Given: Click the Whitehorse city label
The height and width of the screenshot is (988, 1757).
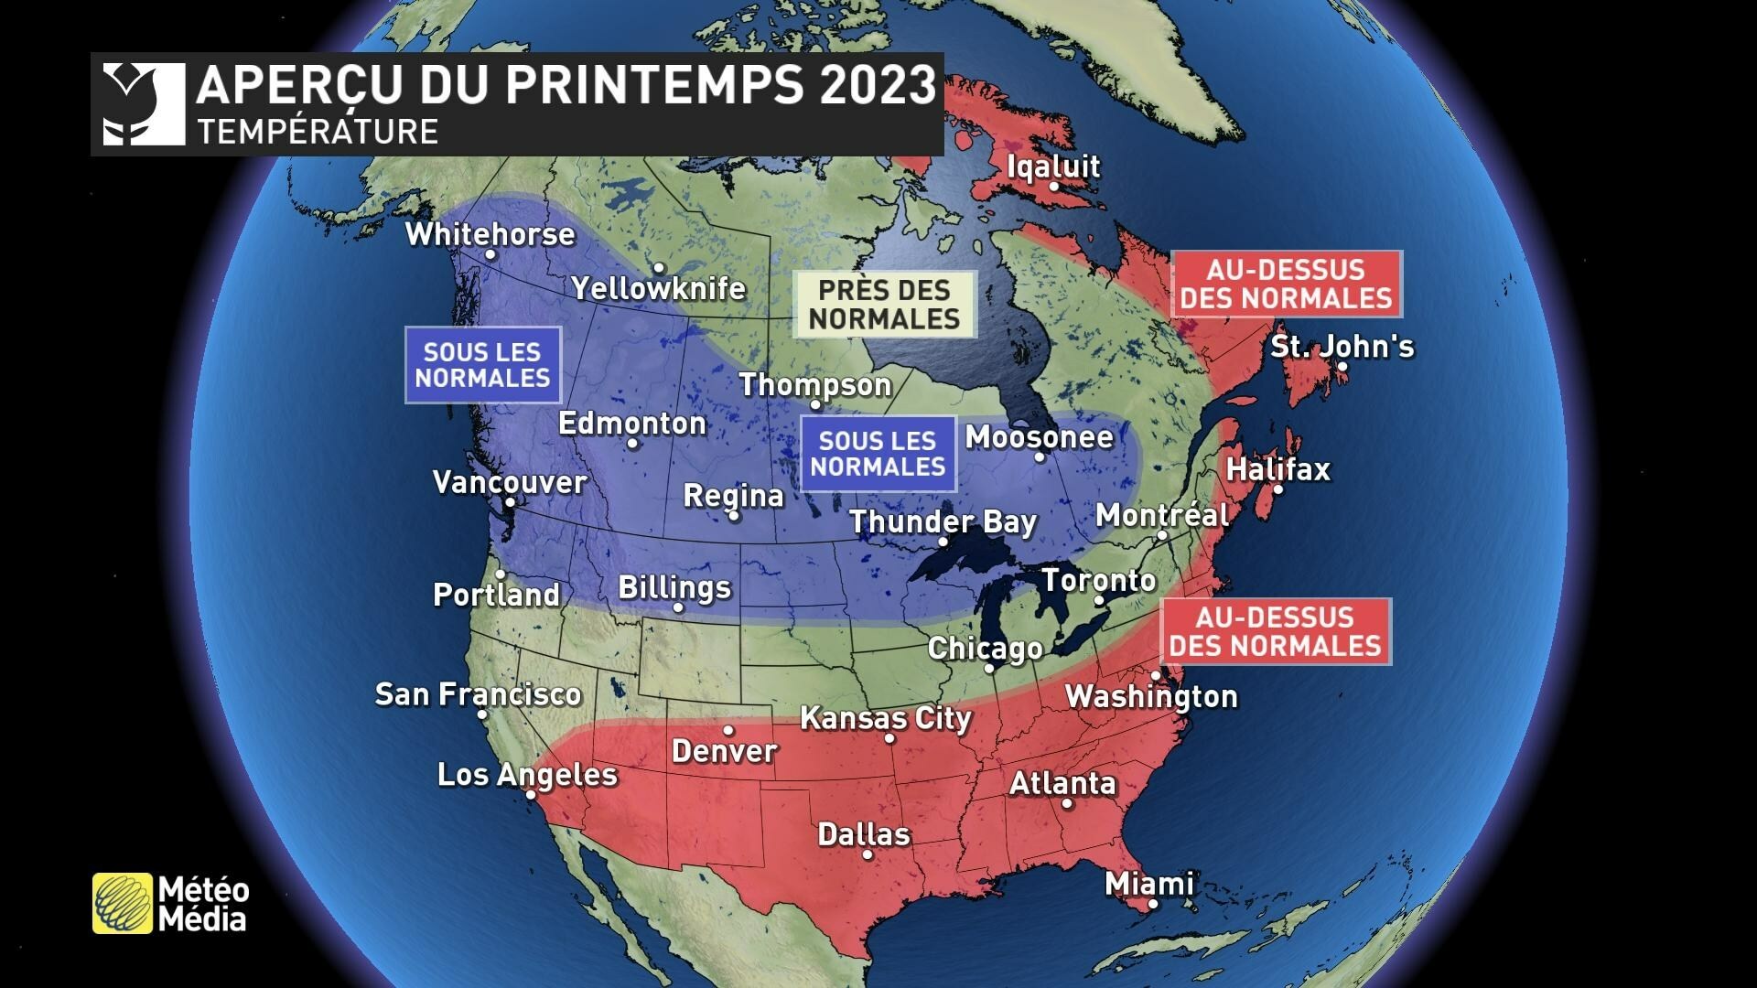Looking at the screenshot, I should click(490, 234).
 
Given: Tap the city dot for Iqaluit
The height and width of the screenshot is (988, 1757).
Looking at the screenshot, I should click(1054, 186).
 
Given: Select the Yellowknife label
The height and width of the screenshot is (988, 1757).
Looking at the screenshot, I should click(659, 289).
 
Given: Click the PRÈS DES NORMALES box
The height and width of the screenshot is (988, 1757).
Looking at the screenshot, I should click(885, 305).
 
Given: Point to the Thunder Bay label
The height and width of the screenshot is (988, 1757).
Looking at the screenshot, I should click(943, 522).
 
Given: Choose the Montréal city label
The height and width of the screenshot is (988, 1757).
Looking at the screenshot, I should click(1162, 515).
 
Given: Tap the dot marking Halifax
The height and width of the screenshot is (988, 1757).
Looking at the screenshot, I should click(1278, 489).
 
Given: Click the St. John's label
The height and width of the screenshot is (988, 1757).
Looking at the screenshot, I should click(1342, 347).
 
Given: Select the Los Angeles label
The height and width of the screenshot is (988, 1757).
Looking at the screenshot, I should click(527, 775).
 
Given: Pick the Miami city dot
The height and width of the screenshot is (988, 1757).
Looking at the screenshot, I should click(1153, 904).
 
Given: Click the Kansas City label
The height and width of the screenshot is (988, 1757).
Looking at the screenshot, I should click(886, 718).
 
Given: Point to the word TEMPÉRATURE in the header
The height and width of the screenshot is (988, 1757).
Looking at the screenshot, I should click(318, 132).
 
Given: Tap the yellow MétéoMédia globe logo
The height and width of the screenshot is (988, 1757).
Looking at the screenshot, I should click(123, 904).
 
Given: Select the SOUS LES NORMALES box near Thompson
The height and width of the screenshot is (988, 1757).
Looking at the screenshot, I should click(878, 454).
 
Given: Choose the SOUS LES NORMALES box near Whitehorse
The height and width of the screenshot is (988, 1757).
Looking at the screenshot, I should click(483, 365).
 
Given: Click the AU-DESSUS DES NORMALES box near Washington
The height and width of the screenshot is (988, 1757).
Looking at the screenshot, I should click(1276, 631).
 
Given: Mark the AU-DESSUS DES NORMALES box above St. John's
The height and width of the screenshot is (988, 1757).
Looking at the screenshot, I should click(1287, 284).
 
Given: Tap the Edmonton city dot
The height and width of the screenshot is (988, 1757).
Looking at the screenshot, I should click(632, 444).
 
